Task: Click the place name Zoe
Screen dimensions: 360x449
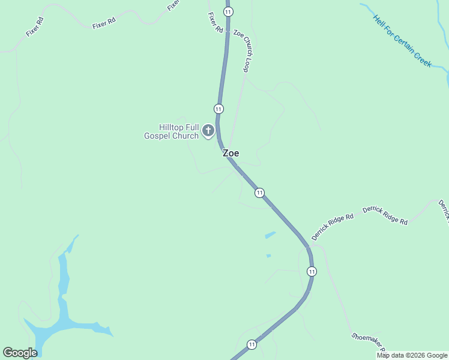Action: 231,154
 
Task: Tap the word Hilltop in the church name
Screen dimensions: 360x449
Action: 170,127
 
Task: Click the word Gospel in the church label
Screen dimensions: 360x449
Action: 161,136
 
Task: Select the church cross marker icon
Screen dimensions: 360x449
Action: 208,130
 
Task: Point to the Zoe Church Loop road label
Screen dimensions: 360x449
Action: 241,51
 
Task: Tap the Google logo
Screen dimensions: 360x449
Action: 20,353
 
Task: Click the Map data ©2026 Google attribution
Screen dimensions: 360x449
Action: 412,355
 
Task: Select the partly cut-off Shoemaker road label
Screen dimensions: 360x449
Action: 368,344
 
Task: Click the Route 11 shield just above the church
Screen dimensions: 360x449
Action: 218,109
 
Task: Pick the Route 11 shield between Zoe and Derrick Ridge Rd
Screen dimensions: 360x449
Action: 259,193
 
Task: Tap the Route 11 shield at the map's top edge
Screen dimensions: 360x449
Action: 228,11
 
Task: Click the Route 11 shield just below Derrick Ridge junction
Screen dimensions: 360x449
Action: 311,271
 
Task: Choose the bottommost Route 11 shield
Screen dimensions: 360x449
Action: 251,344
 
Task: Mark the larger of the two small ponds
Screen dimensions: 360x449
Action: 270,235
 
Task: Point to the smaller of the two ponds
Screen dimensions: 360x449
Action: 268,256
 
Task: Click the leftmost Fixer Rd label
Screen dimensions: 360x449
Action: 35,27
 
